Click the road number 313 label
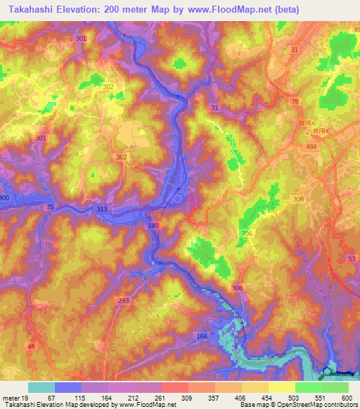click(x=102, y=209)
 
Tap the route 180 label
click(x=154, y=226)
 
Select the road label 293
click(x=124, y=301)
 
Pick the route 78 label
click(x=295, y=102)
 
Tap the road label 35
click(x=49, y=207)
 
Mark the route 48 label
click(x=30, y=346)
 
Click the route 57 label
click(x=351, y=259)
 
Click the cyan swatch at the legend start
click(x=41, y=387)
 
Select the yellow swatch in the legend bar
click(x=281, y=387)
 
